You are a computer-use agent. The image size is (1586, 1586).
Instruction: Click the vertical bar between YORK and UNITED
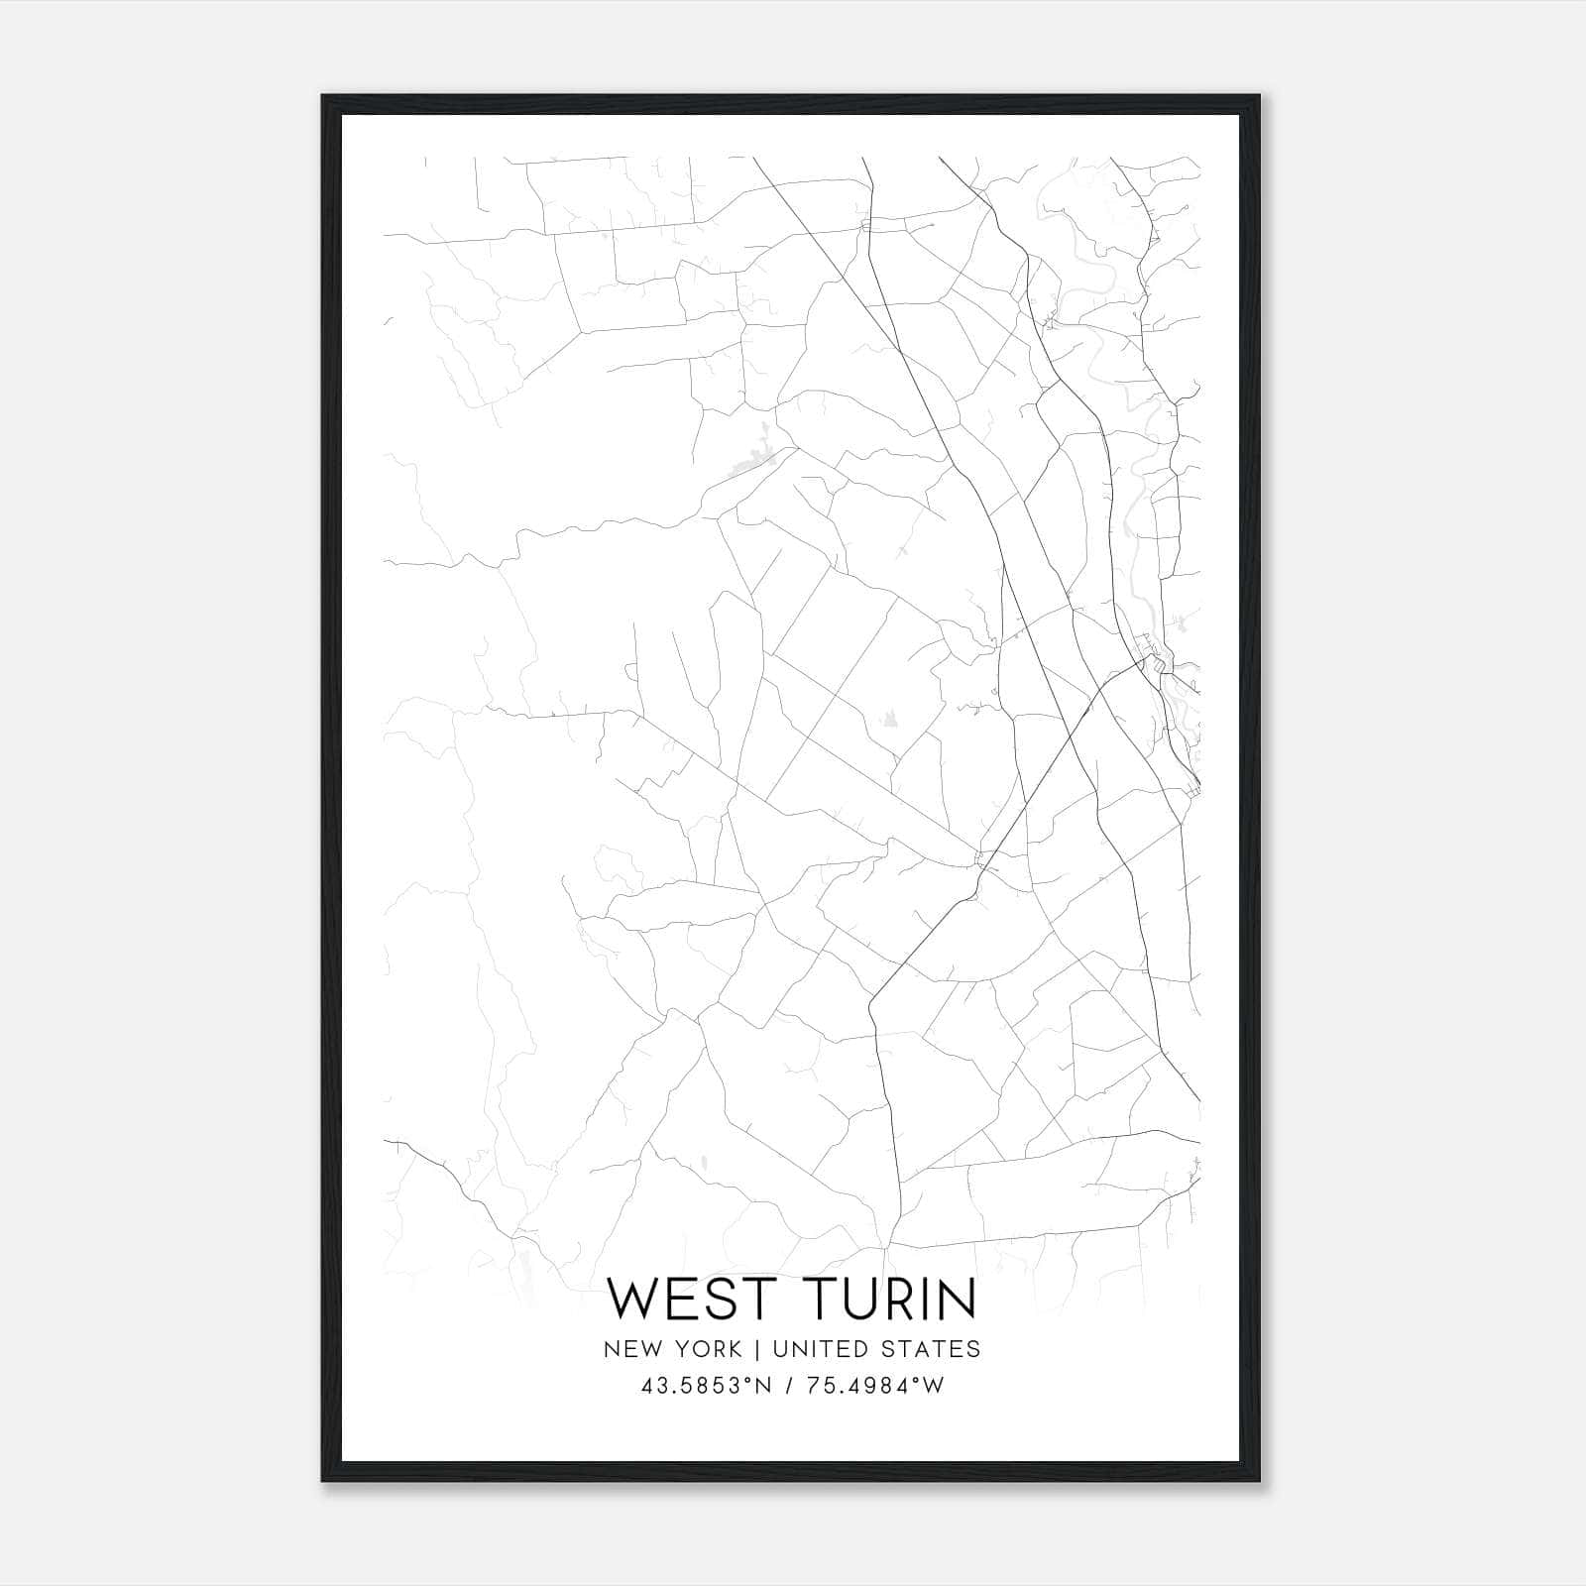756,1349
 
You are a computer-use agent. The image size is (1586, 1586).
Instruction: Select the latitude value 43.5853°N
706,1386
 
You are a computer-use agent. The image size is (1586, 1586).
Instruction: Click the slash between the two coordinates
788,1386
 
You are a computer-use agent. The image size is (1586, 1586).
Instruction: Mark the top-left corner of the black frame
323,96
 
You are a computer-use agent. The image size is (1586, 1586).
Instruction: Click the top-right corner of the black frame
1260,96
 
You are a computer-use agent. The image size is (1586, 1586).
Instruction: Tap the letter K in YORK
734,1349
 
